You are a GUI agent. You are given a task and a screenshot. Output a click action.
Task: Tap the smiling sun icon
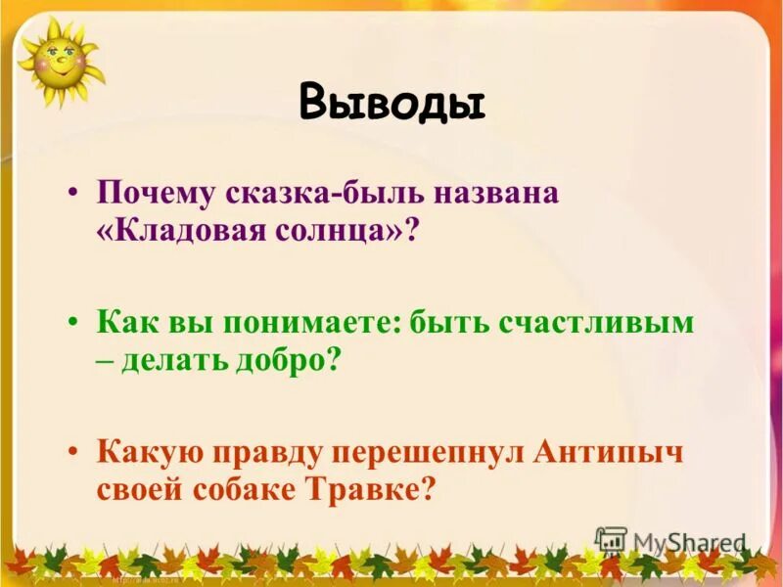click(x=58, y=61)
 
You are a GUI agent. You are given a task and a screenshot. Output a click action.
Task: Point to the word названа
click(x=498, y=191)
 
